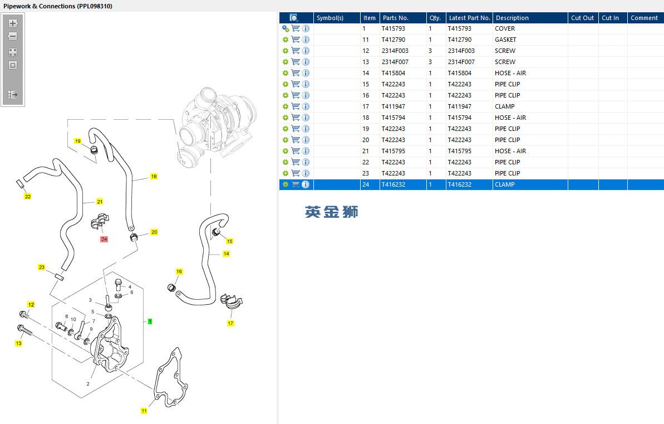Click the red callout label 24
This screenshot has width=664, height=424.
[x=104, y=239]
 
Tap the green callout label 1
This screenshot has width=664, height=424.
[x=150, y=321]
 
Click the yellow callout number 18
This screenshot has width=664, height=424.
[x=154, y=177]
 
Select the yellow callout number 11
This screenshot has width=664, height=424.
[x=144, y=411]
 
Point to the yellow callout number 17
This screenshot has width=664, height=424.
[x=230, y=323]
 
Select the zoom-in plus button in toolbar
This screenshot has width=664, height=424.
[x=13, y=23]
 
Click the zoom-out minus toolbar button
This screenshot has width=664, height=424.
[x=13, y=36]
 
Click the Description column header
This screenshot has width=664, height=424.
[x=512, y=18]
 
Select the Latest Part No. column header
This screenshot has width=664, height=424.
[x=469, y=18]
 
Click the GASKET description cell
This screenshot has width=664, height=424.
[x=505, y=40]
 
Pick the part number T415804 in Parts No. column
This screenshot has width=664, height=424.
[x=394, y=73]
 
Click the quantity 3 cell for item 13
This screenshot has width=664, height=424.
[x=430, y=62]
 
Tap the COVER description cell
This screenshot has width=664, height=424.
[x=505, y=28]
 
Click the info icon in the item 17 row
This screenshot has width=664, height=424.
[x=306, y=106]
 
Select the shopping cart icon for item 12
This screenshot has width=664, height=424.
[x=296, y=51]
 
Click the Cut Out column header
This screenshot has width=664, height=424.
[x=582, y=18]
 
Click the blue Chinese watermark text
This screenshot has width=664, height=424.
[x=332, y=212]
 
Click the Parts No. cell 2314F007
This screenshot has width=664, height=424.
[x=395, y=62]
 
